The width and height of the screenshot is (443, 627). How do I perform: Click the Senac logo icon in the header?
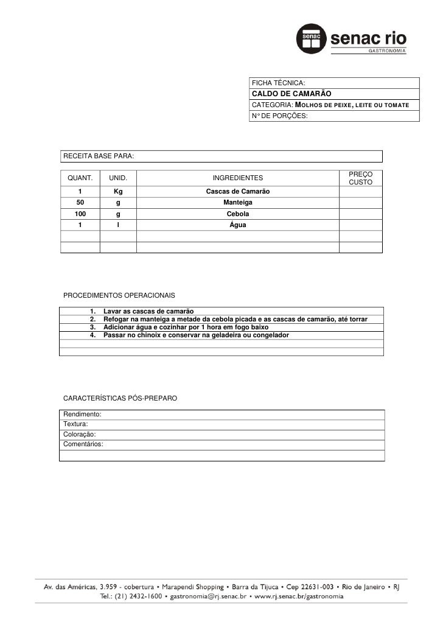[x=312, y=38]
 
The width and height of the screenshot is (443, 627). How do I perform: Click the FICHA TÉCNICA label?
[x=278, y=83]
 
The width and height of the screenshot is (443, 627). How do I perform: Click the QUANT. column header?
[x=80, y=178]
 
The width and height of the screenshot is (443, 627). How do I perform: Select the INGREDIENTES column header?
[x=237, y=178]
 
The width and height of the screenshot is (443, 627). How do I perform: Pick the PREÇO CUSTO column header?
[x=361, y=178]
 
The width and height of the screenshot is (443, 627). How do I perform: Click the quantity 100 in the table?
[x=80, y=214]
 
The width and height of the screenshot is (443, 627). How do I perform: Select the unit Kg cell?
[x=118, y=192]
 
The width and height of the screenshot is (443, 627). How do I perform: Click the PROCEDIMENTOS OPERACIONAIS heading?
[x=119, y=295]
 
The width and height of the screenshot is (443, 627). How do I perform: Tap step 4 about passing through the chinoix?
[x=196, y=335]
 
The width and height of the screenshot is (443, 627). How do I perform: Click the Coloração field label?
[x=80, y=434]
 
